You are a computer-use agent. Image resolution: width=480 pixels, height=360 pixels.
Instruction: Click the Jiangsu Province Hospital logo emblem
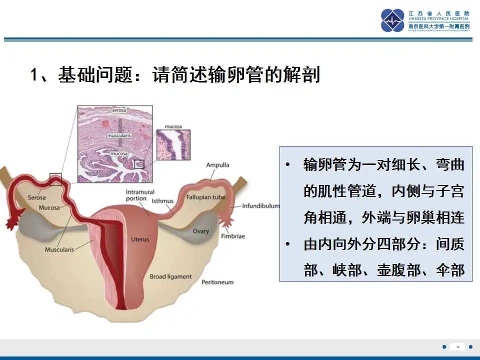pos(392,20)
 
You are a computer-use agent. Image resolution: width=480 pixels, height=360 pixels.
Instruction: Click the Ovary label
pos(201,231)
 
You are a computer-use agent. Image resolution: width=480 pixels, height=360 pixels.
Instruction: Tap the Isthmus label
pos(162,201)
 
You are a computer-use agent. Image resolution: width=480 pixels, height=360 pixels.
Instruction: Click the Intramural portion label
pos(140,195)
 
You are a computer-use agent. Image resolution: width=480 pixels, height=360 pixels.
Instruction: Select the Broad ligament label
pos(170,276)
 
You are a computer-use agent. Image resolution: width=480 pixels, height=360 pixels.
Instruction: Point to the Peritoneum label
pos(217,282)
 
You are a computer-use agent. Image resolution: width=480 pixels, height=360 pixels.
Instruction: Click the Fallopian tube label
pos(205,197)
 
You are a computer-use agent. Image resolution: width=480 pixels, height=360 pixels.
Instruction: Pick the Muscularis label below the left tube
pos(59,249)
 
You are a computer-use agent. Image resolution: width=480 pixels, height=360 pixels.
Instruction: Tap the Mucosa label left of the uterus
pos(50,207)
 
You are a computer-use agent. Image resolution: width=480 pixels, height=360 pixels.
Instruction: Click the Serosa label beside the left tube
pos(36,197)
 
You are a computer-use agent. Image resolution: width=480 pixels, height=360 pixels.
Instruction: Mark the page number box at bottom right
pos(457,346)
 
